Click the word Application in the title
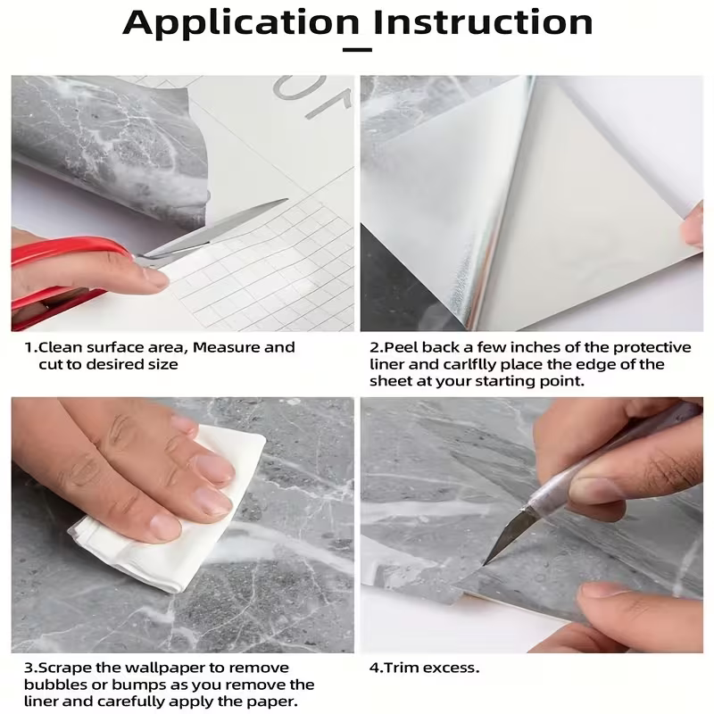click(242, 22)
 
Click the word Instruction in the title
click(483, 22)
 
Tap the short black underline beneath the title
click(357, 50)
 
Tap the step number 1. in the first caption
click(30, 347)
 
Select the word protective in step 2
click(648, 347)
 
